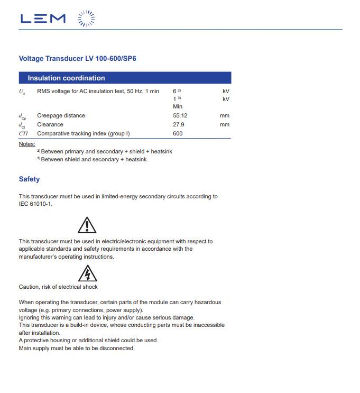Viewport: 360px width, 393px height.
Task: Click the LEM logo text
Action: pos(43,19)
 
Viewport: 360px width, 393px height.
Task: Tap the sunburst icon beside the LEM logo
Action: pos(87,19)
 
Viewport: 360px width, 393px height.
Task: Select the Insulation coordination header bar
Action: pos(125,78)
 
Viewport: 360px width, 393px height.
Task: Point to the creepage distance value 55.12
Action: pos(180,115)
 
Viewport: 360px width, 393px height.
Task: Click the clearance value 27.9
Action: pos(178,124)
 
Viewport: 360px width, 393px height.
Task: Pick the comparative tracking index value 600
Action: pos(178,133)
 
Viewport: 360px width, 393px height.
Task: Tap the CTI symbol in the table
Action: pos(23,133)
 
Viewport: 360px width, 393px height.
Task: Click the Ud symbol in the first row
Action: pos(22,92)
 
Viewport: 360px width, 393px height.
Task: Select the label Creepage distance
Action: pos(61,115)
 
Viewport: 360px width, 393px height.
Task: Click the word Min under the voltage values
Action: pos(178,106)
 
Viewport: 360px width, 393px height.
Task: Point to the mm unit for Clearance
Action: pos(225,124)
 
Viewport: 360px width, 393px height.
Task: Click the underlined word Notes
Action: pos(27,144)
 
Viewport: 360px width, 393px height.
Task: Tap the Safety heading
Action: pos(29,179)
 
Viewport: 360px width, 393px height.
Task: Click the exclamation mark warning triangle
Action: pos(87,225)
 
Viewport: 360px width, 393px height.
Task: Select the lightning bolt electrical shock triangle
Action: pos(87,274)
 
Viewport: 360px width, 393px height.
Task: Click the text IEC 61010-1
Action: pos(35,204)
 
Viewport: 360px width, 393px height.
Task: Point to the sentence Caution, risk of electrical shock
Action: pos(58,287)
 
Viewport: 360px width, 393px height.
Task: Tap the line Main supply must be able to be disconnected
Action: pos(77,348)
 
